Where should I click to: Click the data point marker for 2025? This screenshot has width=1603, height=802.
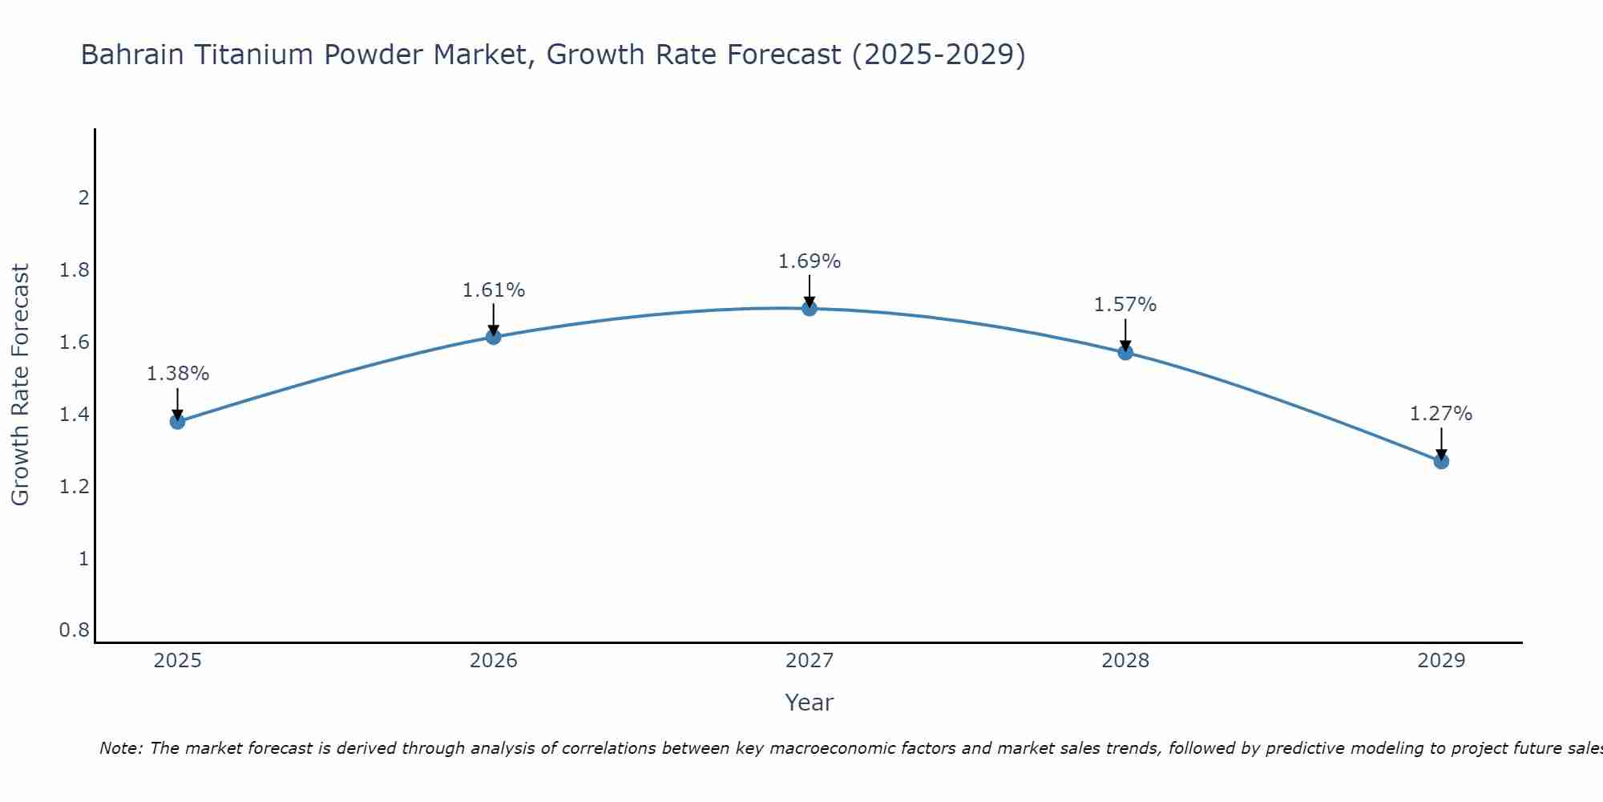click(x=177, y=421)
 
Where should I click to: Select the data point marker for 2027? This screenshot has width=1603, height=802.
click(x=810, y=308)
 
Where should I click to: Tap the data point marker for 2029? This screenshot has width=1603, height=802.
click(x=1441, y=461)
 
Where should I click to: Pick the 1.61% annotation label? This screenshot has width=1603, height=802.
click(x=493, y=290)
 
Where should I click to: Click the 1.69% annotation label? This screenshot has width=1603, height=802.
click(x=810, y=261)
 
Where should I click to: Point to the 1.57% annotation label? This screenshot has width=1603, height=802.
click(x=1125, y=305)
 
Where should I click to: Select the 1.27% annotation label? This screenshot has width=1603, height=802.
click(x=1441, y=414)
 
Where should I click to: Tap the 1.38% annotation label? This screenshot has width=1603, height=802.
click(x=177, y=374)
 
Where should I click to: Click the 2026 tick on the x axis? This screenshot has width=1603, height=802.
click(x=493, y=661)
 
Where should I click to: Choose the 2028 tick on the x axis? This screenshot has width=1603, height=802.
click(x=1125, y=661)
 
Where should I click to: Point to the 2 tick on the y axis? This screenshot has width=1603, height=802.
click(x=83, y=197)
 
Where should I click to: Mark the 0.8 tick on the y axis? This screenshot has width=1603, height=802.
click(x=74, y=630)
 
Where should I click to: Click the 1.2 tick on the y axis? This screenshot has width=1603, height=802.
click(x=74, y=486)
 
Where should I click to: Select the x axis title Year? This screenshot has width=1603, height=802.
click(x=810, y=703)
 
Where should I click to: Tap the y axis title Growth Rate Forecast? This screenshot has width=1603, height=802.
click(x=20, y=385)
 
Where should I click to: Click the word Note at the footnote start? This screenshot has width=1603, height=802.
click(x=119, y=748)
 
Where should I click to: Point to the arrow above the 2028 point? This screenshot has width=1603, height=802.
click(x=1125, y=334)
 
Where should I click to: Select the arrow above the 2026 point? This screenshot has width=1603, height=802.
click(x=493, y=318)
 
